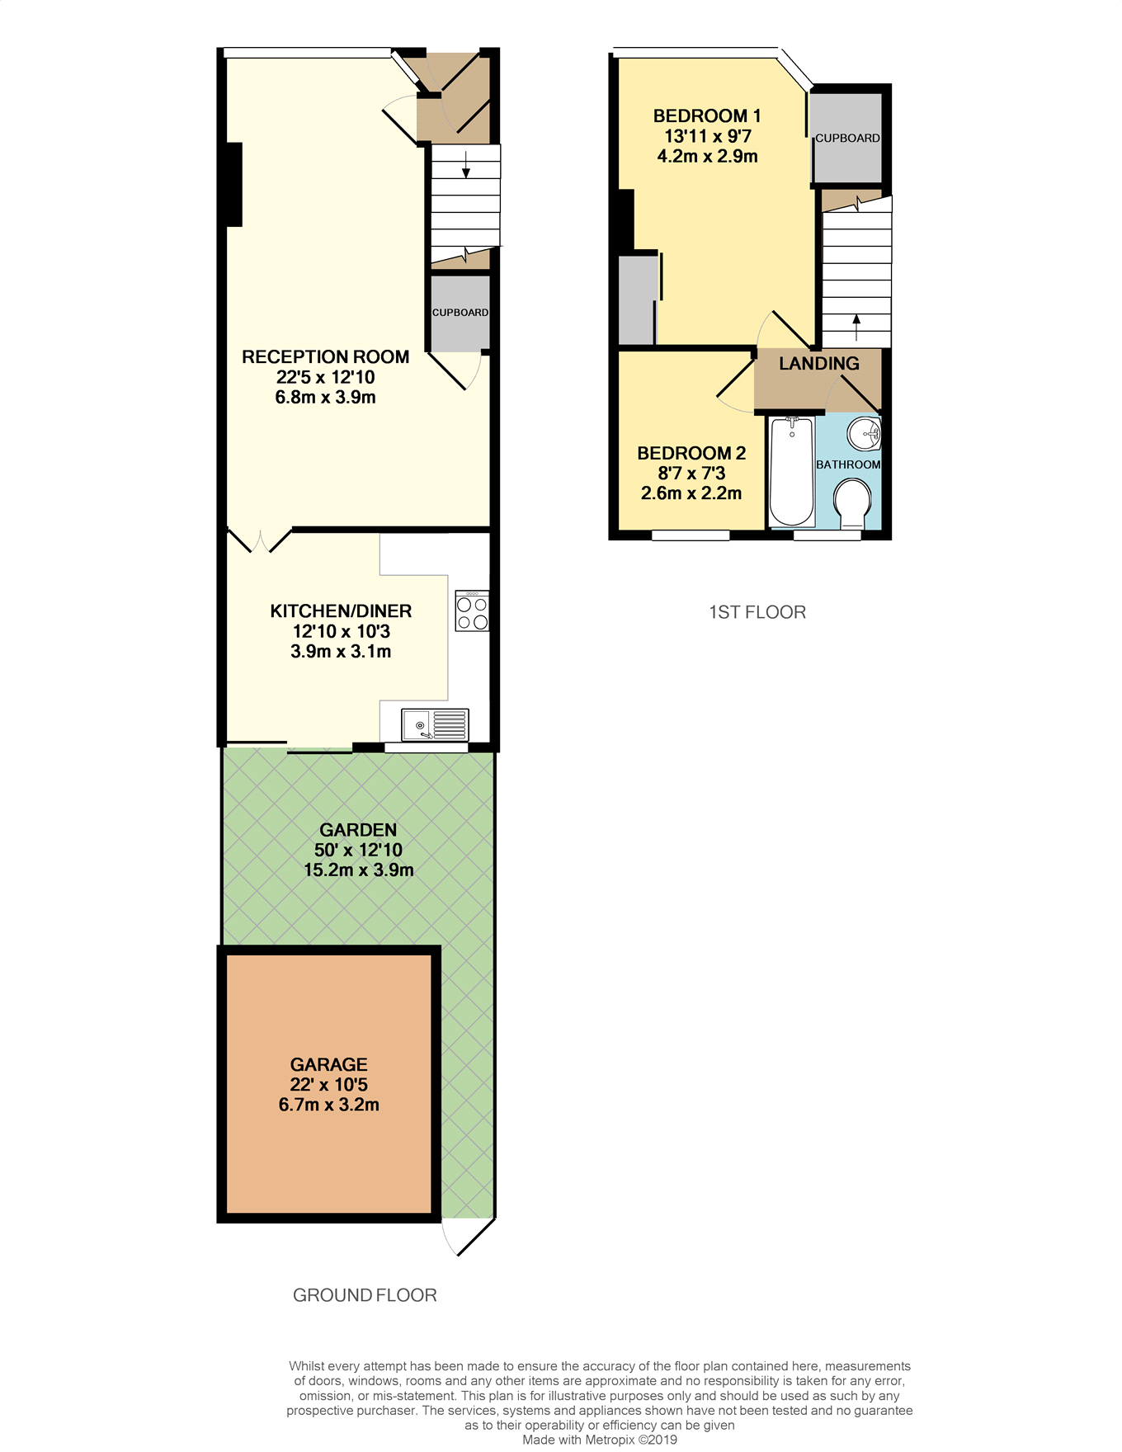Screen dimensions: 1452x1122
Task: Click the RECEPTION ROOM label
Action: coord(325,357)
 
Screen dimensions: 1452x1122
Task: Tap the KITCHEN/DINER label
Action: coord(341,611)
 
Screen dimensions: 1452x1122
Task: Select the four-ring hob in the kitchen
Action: coord(472,611)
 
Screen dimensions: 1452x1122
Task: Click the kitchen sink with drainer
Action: coord(435,725)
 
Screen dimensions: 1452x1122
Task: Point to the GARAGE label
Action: coord(328,1065)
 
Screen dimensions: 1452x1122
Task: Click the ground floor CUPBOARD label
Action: coord(460,313)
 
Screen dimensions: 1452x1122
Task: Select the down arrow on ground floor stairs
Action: coord(466,164)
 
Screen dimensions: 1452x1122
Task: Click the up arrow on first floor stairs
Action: coord(856,327)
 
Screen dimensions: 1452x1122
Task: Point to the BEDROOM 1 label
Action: coord(707,116)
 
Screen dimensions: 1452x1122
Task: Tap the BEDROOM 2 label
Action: coord(691,454)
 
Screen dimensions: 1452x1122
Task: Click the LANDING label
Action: coord(818,364)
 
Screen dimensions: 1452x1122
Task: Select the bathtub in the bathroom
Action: coord(792,472)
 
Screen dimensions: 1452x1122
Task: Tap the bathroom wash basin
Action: coord(865,432)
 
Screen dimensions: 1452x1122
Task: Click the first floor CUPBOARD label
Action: coord(847,139)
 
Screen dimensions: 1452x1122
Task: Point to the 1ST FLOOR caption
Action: coord(757,612)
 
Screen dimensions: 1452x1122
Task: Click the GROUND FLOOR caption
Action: coord(365,1295)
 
